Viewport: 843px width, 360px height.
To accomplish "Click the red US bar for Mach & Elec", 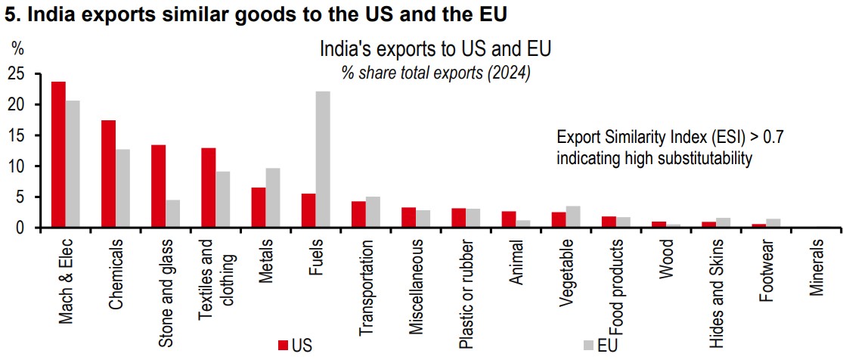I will [x=58, y=154].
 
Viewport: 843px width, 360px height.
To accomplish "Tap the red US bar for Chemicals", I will [x=108, y=173].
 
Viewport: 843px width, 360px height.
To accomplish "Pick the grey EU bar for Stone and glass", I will [x=173, y=213].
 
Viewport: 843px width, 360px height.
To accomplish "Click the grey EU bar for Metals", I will [x=273, y=197].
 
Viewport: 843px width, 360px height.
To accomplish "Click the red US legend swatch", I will [x=284, y=346].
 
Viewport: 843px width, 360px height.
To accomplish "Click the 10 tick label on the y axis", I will [x=16, y=166].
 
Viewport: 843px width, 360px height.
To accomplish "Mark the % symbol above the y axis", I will [x=17, y=48].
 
